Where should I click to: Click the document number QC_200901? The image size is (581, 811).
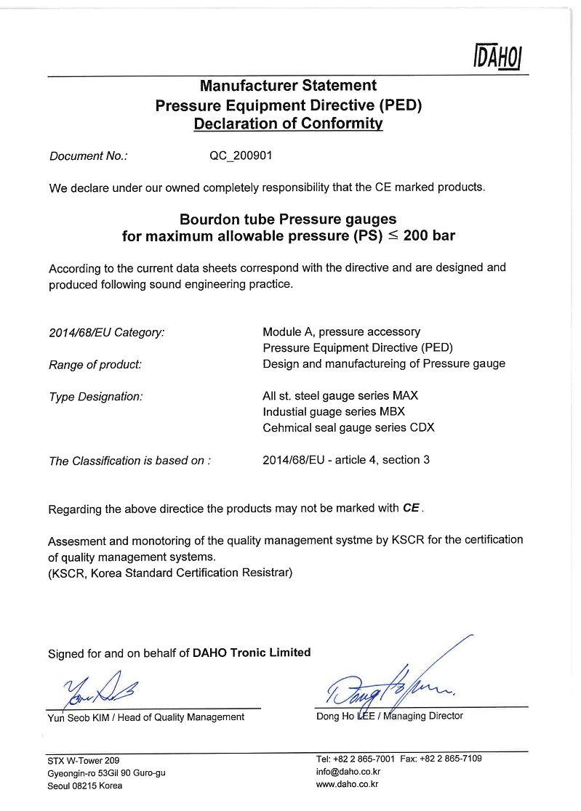240,156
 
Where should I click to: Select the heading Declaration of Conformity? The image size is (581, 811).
288,124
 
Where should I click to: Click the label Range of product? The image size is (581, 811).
95,364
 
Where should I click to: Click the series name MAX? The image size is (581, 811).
406,396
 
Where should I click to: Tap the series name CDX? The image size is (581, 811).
421,428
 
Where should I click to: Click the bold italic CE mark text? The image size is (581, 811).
412,509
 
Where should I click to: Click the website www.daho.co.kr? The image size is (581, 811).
348,785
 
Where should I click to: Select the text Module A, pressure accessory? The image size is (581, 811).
341,332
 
